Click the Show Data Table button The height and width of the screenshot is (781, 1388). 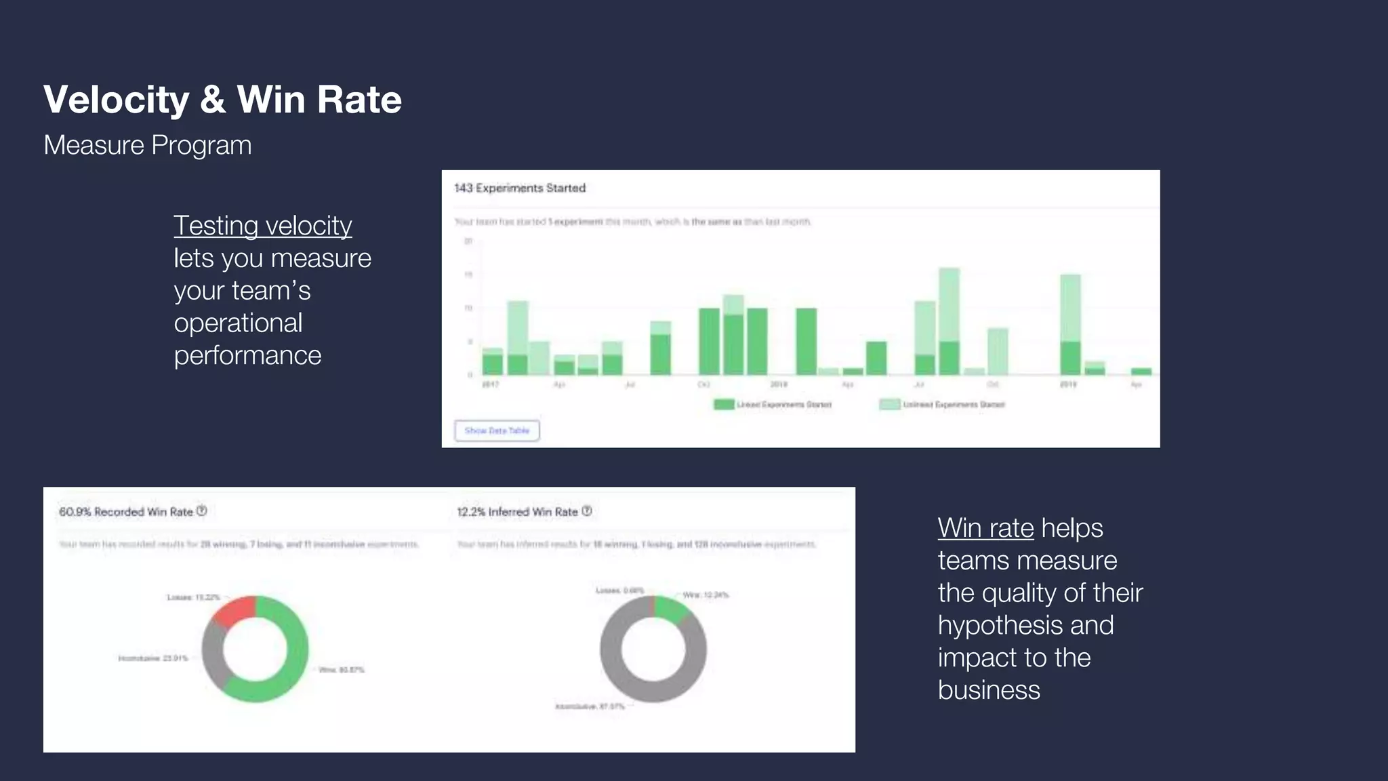(x=497, y=430)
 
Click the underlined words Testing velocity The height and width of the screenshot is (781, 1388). (x=262, y=226)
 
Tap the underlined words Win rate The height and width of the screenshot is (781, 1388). (x=985, y=528)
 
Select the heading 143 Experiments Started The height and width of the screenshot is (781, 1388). (x=520, y=188)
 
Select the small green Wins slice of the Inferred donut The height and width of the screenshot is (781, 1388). (x=671, y=608)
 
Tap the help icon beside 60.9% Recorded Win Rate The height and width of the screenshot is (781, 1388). (x=201, y=511)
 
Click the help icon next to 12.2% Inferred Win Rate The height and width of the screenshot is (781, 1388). (x=587, y=511)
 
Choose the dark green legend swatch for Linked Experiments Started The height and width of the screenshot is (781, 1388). (x=724, y=405)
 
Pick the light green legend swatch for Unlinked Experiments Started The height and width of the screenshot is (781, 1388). (x=889, y=405)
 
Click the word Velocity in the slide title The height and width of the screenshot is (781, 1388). (x=117, y=100)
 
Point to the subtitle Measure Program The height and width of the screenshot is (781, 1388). (x=147, y=145)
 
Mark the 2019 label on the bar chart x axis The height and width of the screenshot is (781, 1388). (x=1068, y=384)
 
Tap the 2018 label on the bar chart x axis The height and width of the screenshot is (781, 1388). (x=779, y=384)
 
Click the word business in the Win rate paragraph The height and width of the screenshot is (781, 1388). (x=989, y=690)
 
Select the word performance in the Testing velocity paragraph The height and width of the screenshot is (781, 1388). (x=247, y=355)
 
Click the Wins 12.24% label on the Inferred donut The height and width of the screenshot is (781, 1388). (x=706, y=595)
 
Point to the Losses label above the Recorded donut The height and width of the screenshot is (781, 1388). (x=193, y=597)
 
